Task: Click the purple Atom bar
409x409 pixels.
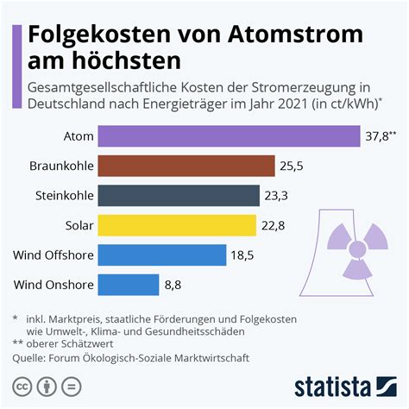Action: pos(229,136)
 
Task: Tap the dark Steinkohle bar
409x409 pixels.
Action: pos(179,196)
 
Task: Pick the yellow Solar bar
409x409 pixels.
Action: pos(177,225)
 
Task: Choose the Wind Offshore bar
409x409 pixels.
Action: pos(162,255)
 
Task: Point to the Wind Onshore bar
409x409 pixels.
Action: pos(129,284)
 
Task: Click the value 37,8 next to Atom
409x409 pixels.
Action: pos(378,136)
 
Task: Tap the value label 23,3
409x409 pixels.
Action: pos(277,196)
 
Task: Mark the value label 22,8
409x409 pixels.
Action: pos(274,225)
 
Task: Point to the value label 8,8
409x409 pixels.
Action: pos(173,284)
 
